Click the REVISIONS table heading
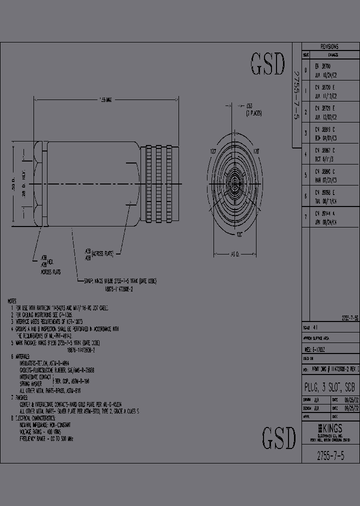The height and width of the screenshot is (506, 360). [330, 46]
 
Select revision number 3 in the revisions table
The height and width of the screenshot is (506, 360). [305, 133]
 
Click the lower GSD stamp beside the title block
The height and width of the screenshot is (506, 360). [279, 438]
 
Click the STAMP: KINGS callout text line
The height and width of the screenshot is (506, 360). [120, 281]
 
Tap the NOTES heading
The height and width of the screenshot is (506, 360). [12, 301]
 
